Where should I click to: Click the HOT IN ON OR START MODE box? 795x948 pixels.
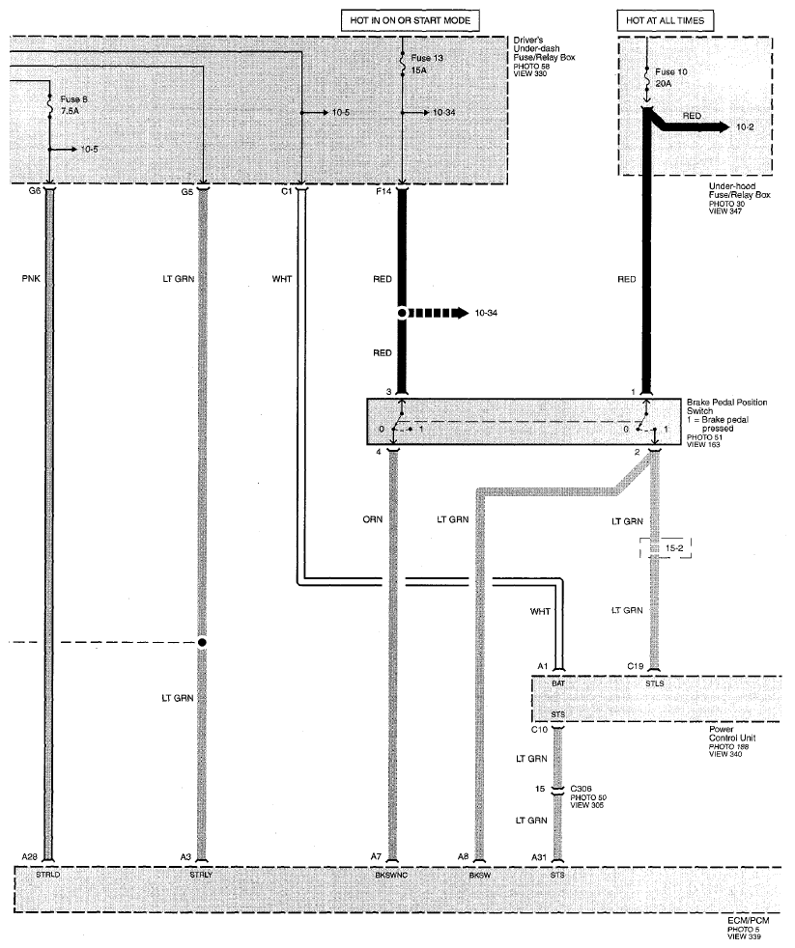[410, 20]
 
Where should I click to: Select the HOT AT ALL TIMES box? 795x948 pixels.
[665, 20]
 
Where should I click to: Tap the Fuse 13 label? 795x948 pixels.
[427, 58]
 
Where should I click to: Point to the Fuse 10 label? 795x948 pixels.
[671, 71]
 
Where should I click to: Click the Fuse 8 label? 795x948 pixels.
[73, 99]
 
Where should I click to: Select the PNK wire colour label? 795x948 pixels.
[31, 279]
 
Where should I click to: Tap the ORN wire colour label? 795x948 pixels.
[373, 519]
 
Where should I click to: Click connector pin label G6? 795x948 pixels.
[35, 191]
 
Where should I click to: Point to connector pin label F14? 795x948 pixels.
[383, 191]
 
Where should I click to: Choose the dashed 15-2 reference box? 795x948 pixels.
[666, 548]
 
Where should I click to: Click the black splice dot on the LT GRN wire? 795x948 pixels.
[202, 642]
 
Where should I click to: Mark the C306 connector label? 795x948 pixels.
[581, 789]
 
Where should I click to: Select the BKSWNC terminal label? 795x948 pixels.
[391, 875]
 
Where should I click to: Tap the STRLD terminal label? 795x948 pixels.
[47, 875]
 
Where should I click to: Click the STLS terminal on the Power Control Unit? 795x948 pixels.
[655, 683]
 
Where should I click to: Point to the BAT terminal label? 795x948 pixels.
[558, 683]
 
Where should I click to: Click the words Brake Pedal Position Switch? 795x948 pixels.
[726, 406]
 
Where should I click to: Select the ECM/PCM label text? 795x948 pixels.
[749, 921]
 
